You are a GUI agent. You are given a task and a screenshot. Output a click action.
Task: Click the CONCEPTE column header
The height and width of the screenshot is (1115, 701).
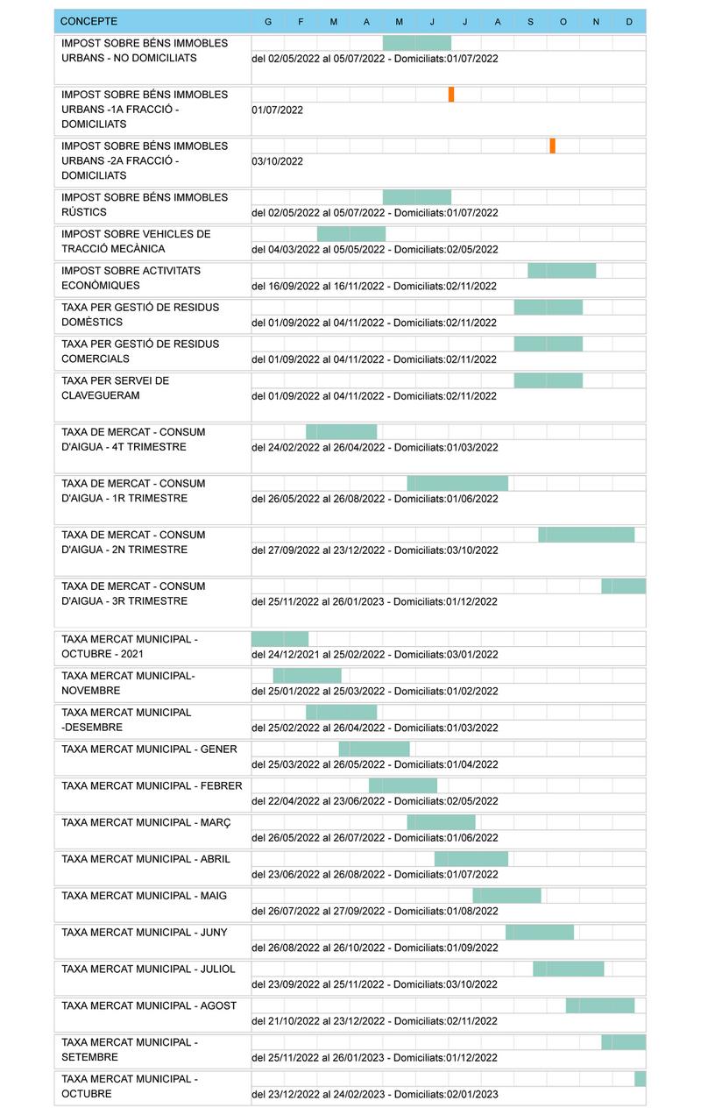click(x=89, y=21)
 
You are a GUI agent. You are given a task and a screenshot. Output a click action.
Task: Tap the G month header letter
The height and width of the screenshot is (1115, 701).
click(x=267, y=22)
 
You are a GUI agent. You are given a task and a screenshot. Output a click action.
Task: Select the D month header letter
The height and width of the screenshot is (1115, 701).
click(x=629, y=22)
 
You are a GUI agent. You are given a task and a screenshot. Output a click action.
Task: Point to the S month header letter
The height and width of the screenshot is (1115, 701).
click(x=530, y=22)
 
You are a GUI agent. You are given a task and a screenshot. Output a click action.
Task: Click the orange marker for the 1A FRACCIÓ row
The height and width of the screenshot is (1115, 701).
click(x=451, y=95)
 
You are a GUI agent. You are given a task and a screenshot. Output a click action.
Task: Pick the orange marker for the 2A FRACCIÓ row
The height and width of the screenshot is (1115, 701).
click(x=552, y=146)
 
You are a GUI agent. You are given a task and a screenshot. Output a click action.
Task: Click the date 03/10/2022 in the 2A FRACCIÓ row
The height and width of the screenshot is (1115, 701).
click(x=277, y=161)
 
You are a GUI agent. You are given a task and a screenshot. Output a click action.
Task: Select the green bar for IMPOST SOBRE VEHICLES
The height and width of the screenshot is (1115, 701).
click(x=350, y=234)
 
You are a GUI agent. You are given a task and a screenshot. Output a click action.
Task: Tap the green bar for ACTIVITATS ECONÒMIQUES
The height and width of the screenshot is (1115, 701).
click(x=562, y=271)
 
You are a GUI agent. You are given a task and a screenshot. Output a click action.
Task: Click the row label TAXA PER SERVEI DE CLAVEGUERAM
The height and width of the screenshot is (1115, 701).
click(x=115, y=388)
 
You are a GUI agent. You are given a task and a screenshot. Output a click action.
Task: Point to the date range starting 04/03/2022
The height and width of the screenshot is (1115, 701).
click(x=374, y=250)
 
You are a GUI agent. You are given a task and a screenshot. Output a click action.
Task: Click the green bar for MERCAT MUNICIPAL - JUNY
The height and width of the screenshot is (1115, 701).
click(x=540, y=933)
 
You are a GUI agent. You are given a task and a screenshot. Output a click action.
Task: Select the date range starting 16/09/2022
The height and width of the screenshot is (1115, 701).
click(x=374, y=286)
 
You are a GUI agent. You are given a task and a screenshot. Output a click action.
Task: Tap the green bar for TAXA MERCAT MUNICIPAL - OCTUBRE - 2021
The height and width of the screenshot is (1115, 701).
click(x=280, y=639)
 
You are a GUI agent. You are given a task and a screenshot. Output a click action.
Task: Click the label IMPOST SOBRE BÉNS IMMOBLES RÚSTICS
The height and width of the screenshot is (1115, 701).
click(x=145, y=205)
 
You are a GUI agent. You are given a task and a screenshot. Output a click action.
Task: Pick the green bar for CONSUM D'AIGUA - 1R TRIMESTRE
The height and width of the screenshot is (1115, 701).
click(x=457, y=484)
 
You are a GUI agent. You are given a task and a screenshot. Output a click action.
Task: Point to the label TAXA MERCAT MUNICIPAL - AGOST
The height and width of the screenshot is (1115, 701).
click(x=149, y=1005)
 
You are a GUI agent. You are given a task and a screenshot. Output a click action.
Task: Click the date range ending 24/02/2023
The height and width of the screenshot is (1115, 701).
click(x=374, y=1094)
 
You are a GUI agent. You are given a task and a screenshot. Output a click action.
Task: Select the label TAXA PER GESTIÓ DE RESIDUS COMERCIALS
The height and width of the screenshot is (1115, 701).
click(x=140, y=352)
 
